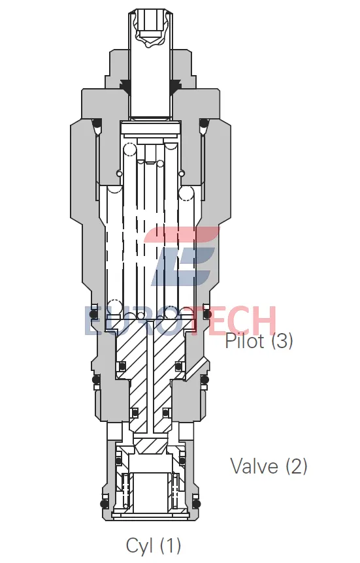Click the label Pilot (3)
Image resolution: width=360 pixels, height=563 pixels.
click(x=259, y=340)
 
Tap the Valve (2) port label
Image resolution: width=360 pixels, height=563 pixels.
click(x=268, y=466)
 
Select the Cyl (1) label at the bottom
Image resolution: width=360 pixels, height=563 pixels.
click(x=153, y=544)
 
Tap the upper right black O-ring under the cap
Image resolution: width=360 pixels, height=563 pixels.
click(x=203, y=123)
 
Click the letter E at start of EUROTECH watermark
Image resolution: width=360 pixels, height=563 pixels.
click(x=95, y=321)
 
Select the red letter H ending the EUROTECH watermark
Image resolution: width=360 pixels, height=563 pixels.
click(x=263, y=321)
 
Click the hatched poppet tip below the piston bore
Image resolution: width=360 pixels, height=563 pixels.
click(x=150, y=446)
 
